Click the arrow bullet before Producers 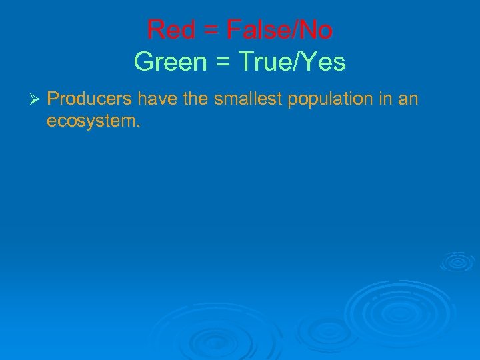(37, 99)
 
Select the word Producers (89, 99)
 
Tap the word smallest (246, 99)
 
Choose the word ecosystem (91, 122)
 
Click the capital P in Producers (53, 99)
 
